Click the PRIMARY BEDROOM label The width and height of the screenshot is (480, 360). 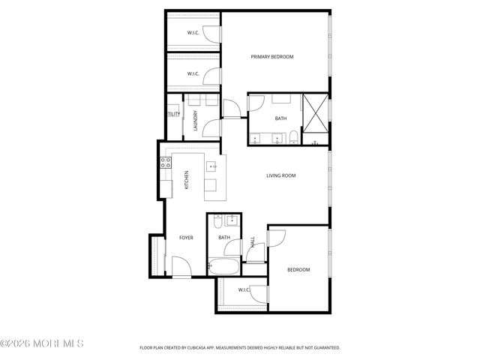click(272, 57)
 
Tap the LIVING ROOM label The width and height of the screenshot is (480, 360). click(281, 176)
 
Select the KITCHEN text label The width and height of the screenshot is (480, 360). click(187, 180)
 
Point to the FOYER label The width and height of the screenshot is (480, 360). click(186, 238)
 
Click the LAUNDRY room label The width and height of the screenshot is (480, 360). click(195, 121)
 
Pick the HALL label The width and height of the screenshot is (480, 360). click(253, 242)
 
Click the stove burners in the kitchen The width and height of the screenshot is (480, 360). click(166, 162)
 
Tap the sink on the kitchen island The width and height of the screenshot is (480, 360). click(212, 166)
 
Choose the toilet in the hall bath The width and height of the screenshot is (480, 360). click(217, 222)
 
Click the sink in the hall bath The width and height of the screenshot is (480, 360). click(232, 220)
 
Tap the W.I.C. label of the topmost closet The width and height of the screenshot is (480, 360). click(193, 32)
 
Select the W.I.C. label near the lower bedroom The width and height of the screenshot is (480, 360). click(244, 289)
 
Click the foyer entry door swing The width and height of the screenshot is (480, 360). click(181, 265)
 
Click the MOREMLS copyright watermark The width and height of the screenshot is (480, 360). click(43, 343)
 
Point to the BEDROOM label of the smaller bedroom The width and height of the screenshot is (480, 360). click(298, 270)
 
